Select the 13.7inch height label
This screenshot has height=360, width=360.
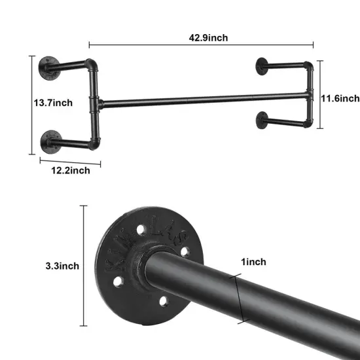(x=54, y=103)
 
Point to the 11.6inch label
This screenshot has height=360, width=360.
(x=340, y=98)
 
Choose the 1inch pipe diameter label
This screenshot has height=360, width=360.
(x=253, y=262)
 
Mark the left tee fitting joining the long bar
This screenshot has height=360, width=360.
(x=97, y=102)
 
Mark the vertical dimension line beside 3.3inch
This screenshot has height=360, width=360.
(x=84, y=265)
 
